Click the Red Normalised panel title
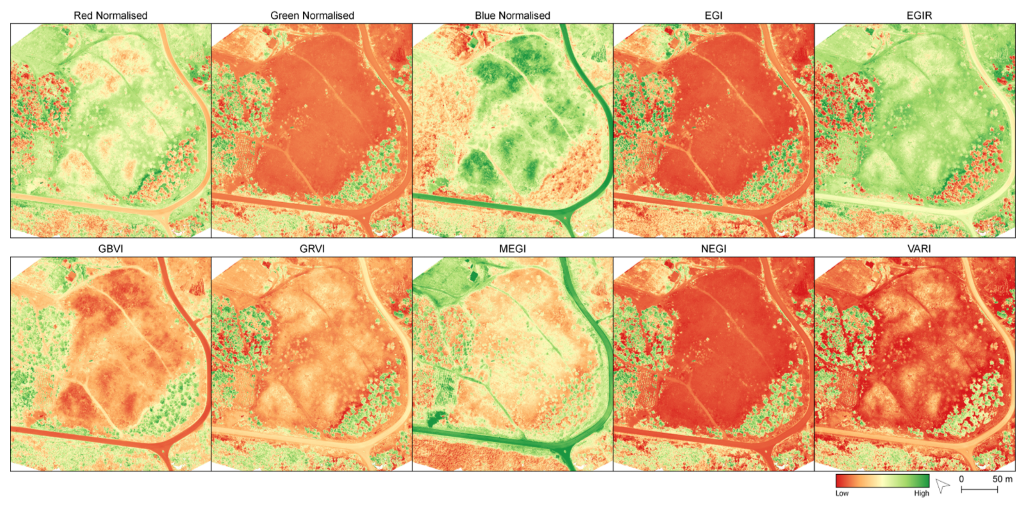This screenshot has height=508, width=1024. pos(110,15)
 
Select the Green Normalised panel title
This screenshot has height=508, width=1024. pos(312,15)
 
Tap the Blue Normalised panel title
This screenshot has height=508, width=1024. pos(512,15)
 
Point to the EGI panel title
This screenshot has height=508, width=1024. pos(713,15)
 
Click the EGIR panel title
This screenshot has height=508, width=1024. pos(919,15)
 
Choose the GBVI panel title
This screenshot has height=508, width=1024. pos(110,249)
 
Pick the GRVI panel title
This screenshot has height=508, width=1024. pos(312,249)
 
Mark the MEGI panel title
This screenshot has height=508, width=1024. pos(512,249)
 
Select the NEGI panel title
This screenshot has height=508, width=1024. pos(713,249)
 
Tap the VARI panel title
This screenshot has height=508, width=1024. pos(919,249)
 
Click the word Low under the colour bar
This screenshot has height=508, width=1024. pos(842,493)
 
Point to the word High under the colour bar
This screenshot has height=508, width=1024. pos(921,493)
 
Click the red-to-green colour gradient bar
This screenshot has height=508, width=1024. pos(882,481)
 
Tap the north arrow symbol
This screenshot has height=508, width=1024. pos(942,485)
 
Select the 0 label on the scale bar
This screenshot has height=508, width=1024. pos(961,479)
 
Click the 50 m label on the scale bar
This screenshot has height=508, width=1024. pos(1002,479)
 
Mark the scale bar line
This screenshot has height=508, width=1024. pos(980,490)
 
